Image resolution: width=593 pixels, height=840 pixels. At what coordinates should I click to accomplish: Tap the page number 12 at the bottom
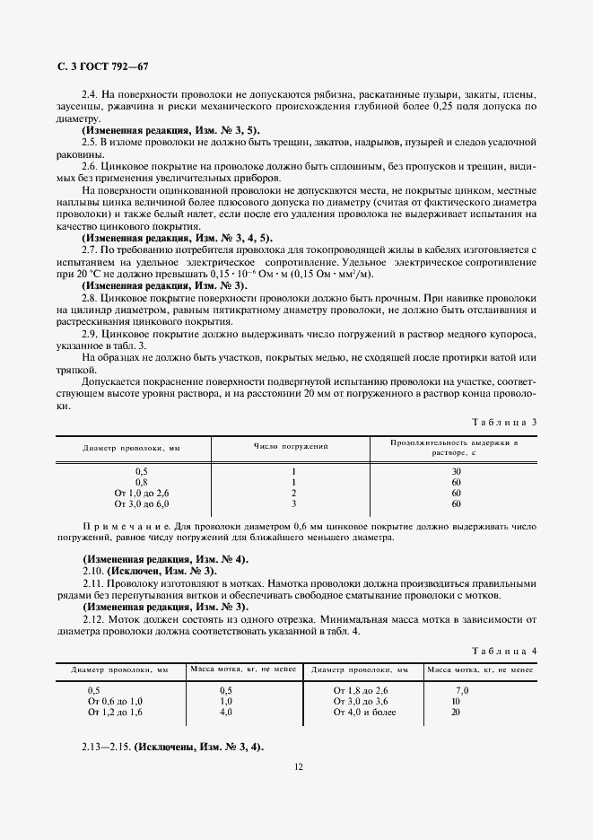pos(297,766)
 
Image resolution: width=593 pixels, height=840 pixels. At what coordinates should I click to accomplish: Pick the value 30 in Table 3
pos(456,470)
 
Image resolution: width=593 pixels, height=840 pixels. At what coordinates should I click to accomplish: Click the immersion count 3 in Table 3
pos(293,503)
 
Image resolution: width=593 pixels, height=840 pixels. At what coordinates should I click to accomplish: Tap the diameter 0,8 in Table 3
pos(142,482)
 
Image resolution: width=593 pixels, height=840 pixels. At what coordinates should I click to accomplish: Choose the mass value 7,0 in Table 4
pos(462,689)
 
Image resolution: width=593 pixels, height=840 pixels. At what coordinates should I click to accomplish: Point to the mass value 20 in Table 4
pos(457,712)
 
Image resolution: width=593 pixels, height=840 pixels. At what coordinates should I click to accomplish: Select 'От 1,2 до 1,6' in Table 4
pos(115,712)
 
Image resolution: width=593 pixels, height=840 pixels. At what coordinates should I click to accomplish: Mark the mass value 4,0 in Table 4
pos(225,712)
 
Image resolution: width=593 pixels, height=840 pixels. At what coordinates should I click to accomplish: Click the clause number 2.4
pos(89,95)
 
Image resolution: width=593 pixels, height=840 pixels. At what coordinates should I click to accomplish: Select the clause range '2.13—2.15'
pos(106,747)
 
